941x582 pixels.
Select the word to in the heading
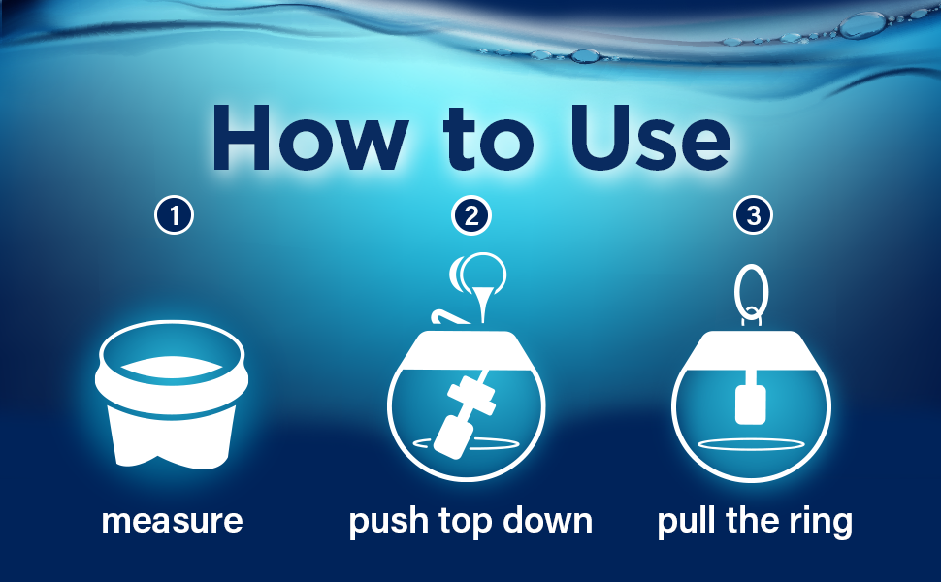click(489, 141)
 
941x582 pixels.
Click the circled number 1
click(174, 215)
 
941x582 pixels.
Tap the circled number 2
click(471, 215)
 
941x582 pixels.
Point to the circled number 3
click(753, 215)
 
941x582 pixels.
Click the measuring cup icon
click(171, 394)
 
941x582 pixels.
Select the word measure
click(173, 521)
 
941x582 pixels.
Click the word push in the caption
click(388, 521)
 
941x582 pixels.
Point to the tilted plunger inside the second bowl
click(465, 414)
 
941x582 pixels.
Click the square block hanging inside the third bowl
click(750, 405)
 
